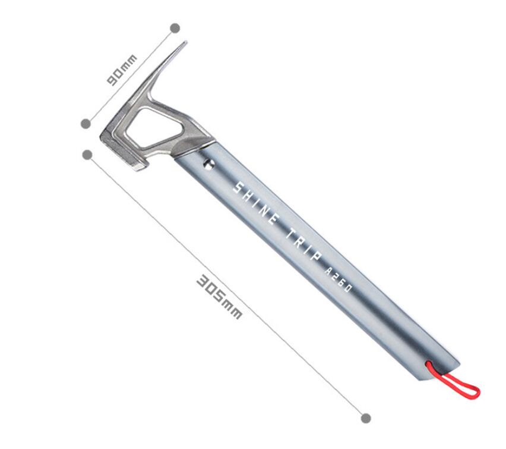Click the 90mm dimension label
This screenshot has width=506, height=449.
(122, 70)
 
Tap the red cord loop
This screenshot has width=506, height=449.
(455, 381)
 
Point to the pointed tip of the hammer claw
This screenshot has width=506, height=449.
(185, 42)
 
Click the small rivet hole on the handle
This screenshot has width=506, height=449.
(209, 165)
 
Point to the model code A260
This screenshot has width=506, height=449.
(338, 280)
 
